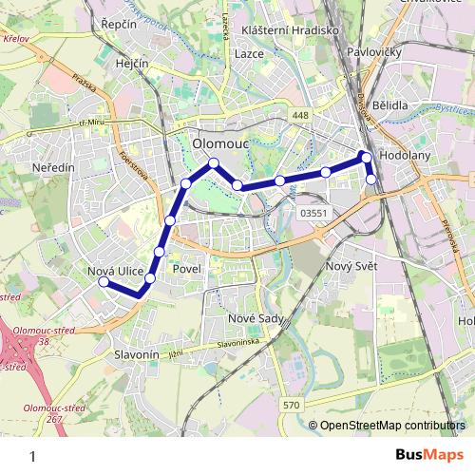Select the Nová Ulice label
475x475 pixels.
115,273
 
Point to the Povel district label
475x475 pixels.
184,270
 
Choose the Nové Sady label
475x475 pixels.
252,316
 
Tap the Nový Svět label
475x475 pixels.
351,266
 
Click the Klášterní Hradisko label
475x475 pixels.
292,29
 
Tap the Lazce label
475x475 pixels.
249,55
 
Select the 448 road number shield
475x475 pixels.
301,116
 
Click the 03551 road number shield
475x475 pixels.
313,214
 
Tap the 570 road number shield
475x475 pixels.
292,406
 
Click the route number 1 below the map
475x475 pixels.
33,456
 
